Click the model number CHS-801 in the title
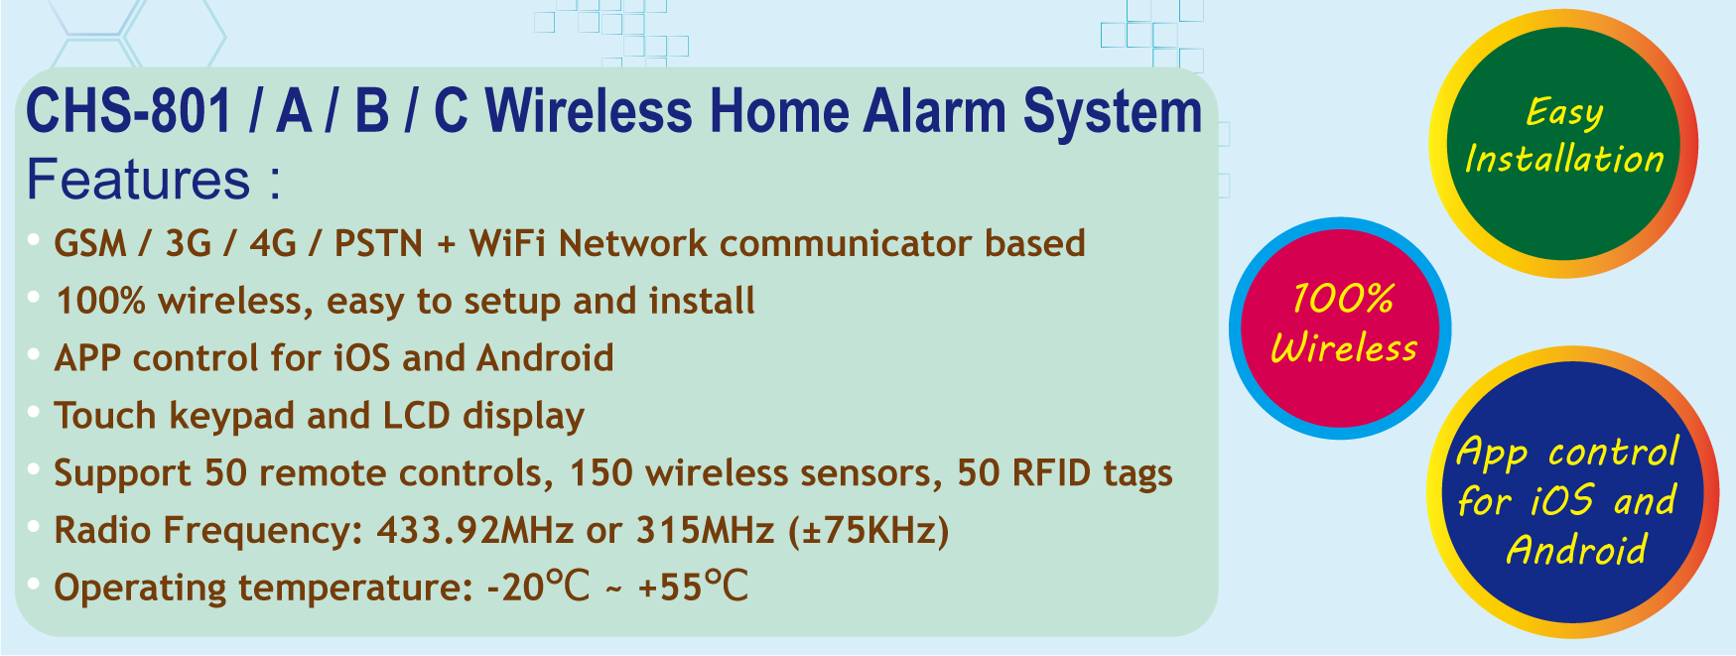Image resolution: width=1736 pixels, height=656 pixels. click(129, 110)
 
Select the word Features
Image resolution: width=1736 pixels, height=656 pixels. click(139, 180)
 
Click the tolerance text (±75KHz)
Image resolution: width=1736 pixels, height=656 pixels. click(868, 531)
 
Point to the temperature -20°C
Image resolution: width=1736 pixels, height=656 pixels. click(538, 587)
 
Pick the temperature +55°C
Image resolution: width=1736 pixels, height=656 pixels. click(693, 587)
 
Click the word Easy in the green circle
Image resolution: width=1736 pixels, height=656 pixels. click(1564, 113)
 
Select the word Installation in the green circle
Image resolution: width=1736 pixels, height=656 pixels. click(1564, 159)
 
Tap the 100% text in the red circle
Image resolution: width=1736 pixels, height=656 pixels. click(1343, 299)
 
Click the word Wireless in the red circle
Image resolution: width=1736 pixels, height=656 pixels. click(1344, 348)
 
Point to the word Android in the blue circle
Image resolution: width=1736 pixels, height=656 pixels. click(1576, 550)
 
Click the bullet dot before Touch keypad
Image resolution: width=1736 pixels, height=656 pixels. click(34, 411)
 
